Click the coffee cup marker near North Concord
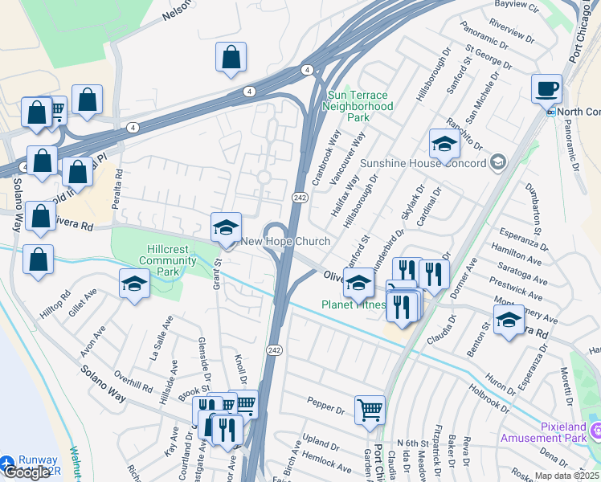[x=546, y=88]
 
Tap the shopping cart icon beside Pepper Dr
[x=370, y=410]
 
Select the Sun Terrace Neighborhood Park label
[x=360, y=106]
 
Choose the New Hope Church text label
[x=285, y=242]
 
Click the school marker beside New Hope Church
[x=226, y=227]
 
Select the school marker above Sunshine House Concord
[x=444, y=144]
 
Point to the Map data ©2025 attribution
[x=566, y=476]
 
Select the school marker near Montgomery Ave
[x=508, y=321]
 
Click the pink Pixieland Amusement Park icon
[x=595, y=432]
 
